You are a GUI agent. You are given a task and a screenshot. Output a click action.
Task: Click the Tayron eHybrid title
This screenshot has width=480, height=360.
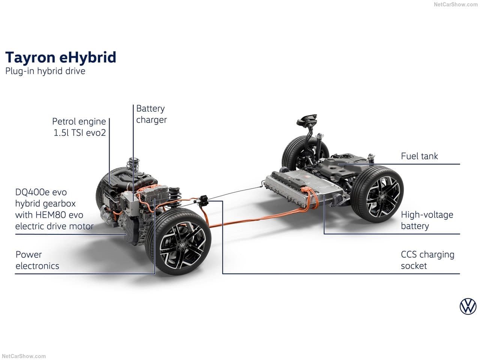pyautogui.click(x=61, y=58)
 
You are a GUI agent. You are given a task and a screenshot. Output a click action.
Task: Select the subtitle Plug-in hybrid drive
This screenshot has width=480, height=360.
pyautogui.click(x=45, y=71)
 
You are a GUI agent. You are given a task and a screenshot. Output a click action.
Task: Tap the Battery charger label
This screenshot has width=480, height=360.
pyautogui.click(x=151, y=114)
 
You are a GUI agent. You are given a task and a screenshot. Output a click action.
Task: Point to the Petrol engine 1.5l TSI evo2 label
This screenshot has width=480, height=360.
pyautogui.click(x=79, y=127)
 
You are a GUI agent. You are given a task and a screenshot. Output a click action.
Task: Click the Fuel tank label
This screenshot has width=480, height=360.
pyautogui.click(x=419, y=156)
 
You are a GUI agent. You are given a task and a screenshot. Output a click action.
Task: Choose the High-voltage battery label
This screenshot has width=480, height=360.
pyautogui.click(x=427, y=220)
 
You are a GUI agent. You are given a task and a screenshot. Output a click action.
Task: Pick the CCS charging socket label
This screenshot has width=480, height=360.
pyautogui.click(x=427, y=260)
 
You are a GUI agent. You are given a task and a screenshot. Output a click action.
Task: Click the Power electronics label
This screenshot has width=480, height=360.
pyautogui.click(x=37, y=260)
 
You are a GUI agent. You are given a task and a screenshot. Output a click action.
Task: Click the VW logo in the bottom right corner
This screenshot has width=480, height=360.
pyautogui.click(x=468, y=306)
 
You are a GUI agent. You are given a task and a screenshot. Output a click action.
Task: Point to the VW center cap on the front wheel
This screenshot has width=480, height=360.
pyautogui.click(x=182, y=245)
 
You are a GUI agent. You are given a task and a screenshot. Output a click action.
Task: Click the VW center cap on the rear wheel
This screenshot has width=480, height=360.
pyautogui.click(x=382, y=196)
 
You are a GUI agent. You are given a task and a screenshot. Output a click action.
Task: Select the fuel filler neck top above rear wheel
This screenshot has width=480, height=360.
pyautogui.click(x=307, y=120)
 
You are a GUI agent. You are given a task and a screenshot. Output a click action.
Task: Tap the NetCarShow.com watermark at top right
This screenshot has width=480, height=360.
pyautogui.click(x=456, y=4)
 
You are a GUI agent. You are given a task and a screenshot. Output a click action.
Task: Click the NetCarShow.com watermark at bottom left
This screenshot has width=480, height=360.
pyautogui.click(x=24, y=357)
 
